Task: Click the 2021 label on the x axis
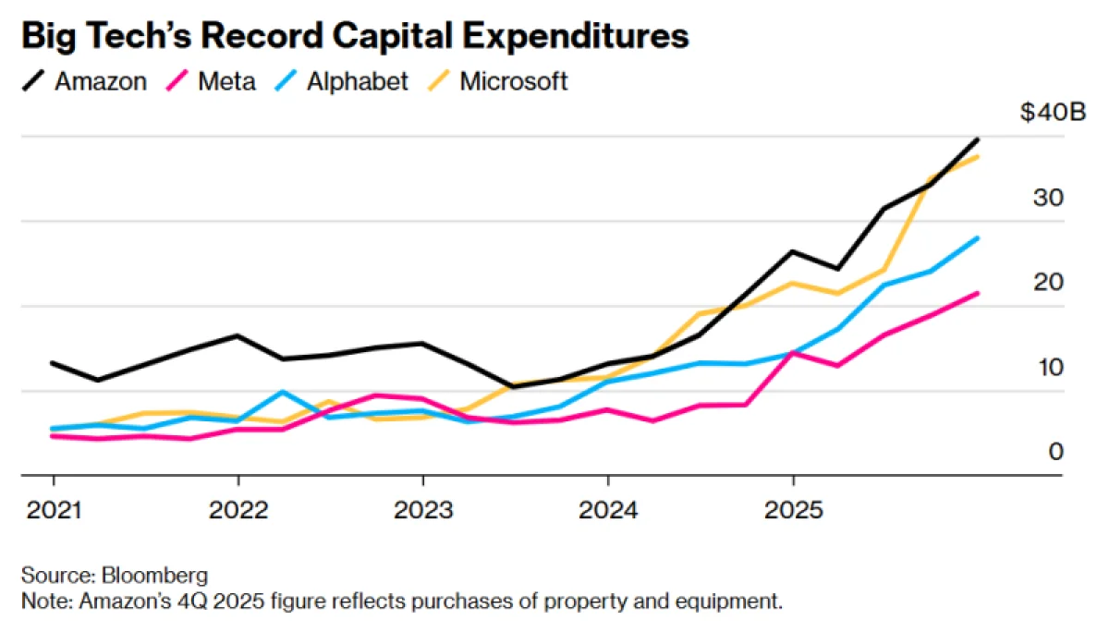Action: [x=53, y=511]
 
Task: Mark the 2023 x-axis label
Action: [x=422, y=511]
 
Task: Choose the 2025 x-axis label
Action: [x=792, y=511]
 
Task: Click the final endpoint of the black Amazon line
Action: [x=978, y=140]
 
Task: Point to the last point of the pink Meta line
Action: [x=978, y=294]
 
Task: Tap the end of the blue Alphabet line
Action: [x=978, y=238]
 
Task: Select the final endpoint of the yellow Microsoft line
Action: [x=978, y=157]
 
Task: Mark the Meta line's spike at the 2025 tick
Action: [x=792, y=353]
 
